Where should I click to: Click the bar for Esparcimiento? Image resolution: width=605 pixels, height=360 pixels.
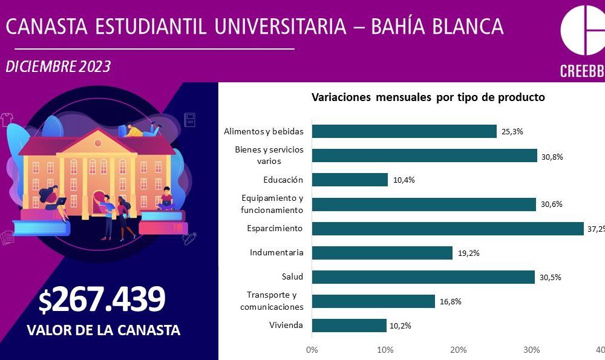click(x=448, y=229)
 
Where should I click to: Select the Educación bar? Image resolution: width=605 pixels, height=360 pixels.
click(x=350, y=180)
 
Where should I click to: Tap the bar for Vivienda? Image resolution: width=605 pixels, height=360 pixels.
click(x=349, y=326)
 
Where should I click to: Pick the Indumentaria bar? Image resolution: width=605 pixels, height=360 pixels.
click(x=382, y=253)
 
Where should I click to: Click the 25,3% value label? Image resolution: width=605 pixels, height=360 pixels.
click(x=512, y=131)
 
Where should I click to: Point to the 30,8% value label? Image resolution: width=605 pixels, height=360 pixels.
click(x=552, y=156)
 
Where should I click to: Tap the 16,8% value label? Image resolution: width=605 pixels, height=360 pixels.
click(x=450, y=302)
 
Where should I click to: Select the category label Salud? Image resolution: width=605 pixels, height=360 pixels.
click(x=292, y=277)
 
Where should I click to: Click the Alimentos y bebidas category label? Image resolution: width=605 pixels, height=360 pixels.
click(x=263, y=131)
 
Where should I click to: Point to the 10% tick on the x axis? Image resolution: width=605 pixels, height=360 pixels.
click(x=385, y=350)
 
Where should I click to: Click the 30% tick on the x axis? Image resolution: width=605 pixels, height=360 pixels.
click(x=532, y=350)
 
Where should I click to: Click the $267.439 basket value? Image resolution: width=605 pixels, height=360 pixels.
click(x=102, y=299)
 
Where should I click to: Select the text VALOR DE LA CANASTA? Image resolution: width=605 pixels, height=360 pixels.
click(x=103, y=330)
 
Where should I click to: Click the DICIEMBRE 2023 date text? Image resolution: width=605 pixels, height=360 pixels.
click(x=58, y=67)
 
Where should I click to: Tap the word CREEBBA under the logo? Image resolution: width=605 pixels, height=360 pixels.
click(x=581, y=70)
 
